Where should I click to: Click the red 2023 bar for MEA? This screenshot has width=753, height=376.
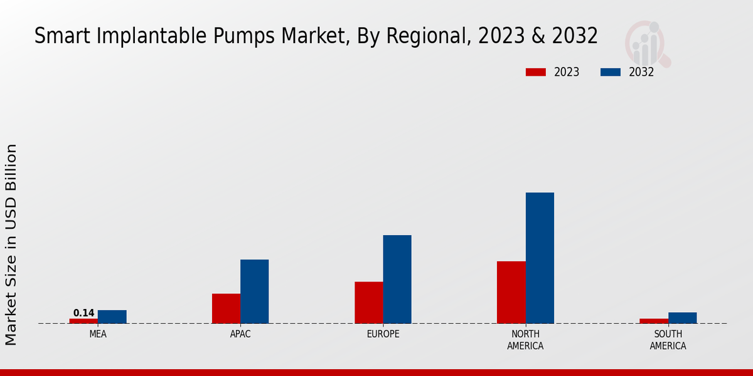point(83,321)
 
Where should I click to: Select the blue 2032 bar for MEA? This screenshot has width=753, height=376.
point(112,317)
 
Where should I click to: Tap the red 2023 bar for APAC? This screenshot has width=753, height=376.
point(226,308)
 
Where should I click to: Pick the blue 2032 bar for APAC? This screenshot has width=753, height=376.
point(255,291)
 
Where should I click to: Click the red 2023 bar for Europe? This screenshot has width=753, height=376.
point(369,303)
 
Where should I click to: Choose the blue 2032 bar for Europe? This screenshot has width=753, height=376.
point(397,279)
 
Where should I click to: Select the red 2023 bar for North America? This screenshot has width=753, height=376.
point(511,292)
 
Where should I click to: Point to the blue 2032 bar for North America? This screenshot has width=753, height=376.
point(540,258)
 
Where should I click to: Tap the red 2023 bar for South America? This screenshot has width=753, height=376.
point(654,321)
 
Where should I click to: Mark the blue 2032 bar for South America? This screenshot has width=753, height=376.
point(683,318)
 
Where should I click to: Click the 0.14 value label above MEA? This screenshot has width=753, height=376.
point(83,313)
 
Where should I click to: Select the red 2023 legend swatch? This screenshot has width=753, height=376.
point(536,72)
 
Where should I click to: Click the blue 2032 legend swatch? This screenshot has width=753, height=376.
point(611,72)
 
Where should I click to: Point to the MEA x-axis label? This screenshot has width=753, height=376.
point(98,334)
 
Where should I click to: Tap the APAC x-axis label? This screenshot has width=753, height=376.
point(240,334)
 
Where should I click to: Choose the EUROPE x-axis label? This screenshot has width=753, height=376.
point(383,334)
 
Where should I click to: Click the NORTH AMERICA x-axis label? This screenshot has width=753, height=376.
point(525,340)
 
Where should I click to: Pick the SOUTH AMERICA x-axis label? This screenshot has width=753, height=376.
point(668,340)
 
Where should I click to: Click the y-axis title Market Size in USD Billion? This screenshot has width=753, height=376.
point(11,244)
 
